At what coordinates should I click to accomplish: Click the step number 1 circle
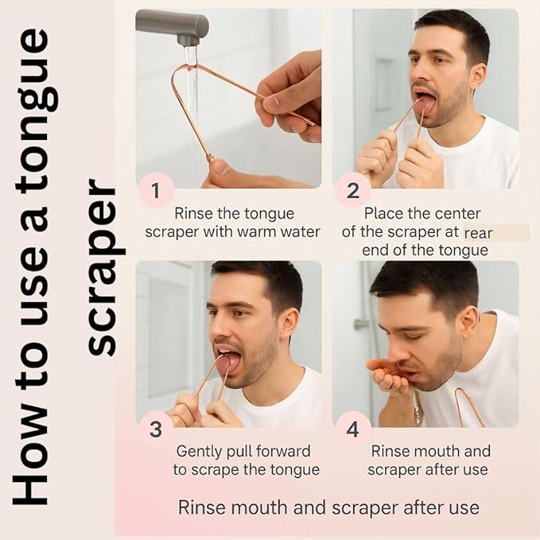pos(157,192)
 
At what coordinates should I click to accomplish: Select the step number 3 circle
pos(157,430)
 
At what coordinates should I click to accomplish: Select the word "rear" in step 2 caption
pos(479,232)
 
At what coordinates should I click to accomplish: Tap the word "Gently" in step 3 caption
pos(199,452)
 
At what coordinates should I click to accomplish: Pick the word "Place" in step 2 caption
pos(383,213)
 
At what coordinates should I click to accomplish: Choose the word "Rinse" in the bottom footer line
pos(200,507)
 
